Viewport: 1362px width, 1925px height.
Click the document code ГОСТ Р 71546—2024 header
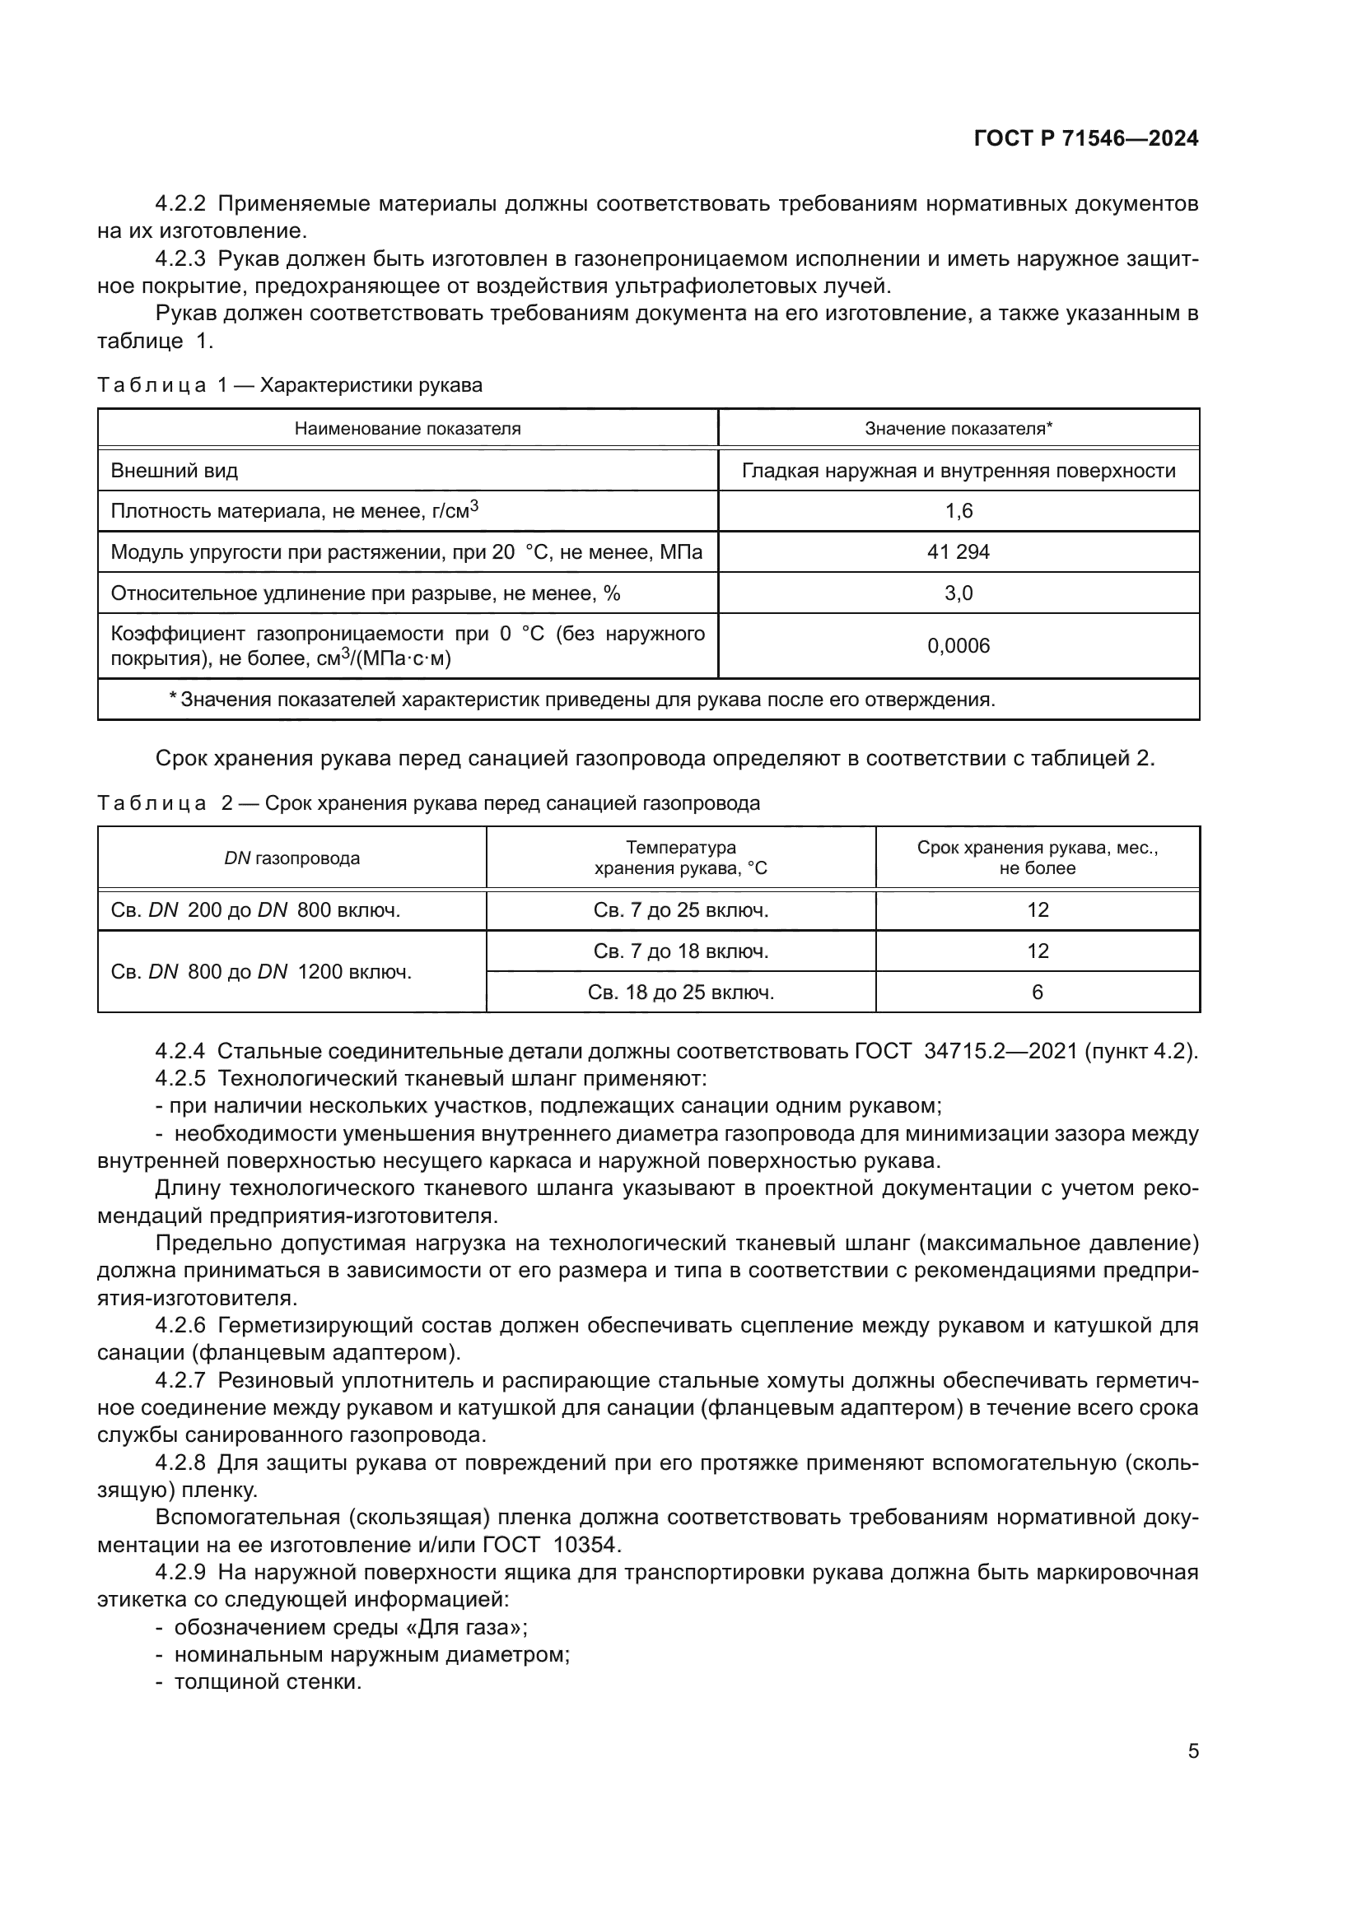click(1085, 138)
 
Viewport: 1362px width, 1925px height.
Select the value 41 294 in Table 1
click(958, 551)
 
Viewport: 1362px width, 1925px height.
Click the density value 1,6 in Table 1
click(958, 510)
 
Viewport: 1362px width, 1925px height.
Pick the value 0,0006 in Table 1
click(958, 645)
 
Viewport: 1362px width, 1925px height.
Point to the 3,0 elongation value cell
click(958, 593)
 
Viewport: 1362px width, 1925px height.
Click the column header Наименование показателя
click(408, 429)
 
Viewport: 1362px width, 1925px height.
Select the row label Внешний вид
click(175, 471)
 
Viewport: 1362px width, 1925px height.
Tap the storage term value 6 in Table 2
click(1037, 993)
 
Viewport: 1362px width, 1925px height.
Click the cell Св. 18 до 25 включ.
click(680, 993)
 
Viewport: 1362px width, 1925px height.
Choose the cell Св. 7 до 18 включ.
click(680, 951)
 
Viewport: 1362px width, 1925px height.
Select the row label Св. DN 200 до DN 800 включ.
click(256, 910)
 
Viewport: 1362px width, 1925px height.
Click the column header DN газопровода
click(292, 858)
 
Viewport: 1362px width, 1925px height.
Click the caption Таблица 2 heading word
click(152, 803)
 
